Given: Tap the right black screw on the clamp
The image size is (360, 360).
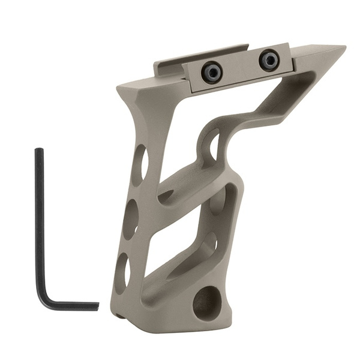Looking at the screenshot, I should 269,59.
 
